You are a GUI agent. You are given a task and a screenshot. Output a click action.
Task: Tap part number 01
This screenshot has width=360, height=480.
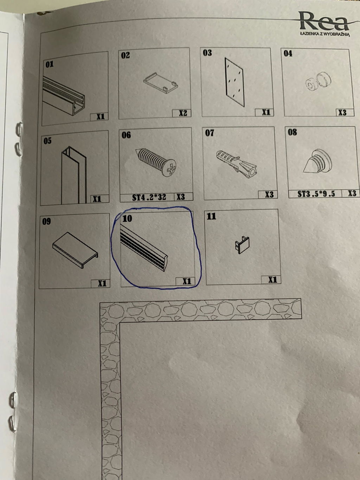pyautogui.click(x=50, y=64)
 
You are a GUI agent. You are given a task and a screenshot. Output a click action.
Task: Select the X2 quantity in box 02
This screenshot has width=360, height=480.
pyautogui.click(x=183, y=113)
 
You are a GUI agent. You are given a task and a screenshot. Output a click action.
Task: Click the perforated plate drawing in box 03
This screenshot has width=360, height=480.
pyautogui.click(x=234, y=82)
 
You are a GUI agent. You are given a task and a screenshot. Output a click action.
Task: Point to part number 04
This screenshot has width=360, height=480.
pyautogui.click(x=288, y=53)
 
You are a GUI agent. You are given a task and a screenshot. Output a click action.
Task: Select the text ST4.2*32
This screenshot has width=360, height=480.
pyautogui.click(x=149, y=197)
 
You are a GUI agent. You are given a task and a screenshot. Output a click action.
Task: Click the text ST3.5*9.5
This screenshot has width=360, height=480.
pyautogui.click(x=316, y=194)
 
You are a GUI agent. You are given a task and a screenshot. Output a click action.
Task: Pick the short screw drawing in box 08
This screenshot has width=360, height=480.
pyautogui.click(x=317, y=161)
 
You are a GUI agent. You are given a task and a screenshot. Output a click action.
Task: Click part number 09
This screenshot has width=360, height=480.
pyautogui.click(x=46, y=221)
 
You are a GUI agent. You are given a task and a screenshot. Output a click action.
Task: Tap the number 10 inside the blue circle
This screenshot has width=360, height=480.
pyautogui.click(x=127, y=218)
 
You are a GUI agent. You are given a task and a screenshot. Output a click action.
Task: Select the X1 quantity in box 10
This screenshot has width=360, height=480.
pyautogui.click(x=187, y=281)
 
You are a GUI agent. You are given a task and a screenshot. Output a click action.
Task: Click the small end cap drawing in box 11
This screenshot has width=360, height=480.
pyautogui.click(x=242, y=245)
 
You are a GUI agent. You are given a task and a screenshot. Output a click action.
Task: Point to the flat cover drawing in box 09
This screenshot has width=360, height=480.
pyautogui.click(x=75, y=250)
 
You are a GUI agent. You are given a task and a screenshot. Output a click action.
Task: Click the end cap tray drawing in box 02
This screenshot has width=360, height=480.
pyautogui.click(x=161, y=83)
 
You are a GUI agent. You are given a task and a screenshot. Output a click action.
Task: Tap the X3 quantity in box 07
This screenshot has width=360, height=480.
pyautogui.click(x=269, y=194)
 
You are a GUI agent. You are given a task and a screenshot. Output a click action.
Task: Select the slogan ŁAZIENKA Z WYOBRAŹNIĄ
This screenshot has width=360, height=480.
pyautogui.click(x=325, y=34)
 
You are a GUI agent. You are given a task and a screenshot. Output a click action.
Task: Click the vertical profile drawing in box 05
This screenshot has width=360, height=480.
pyautogui.click(x=74, y=175)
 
